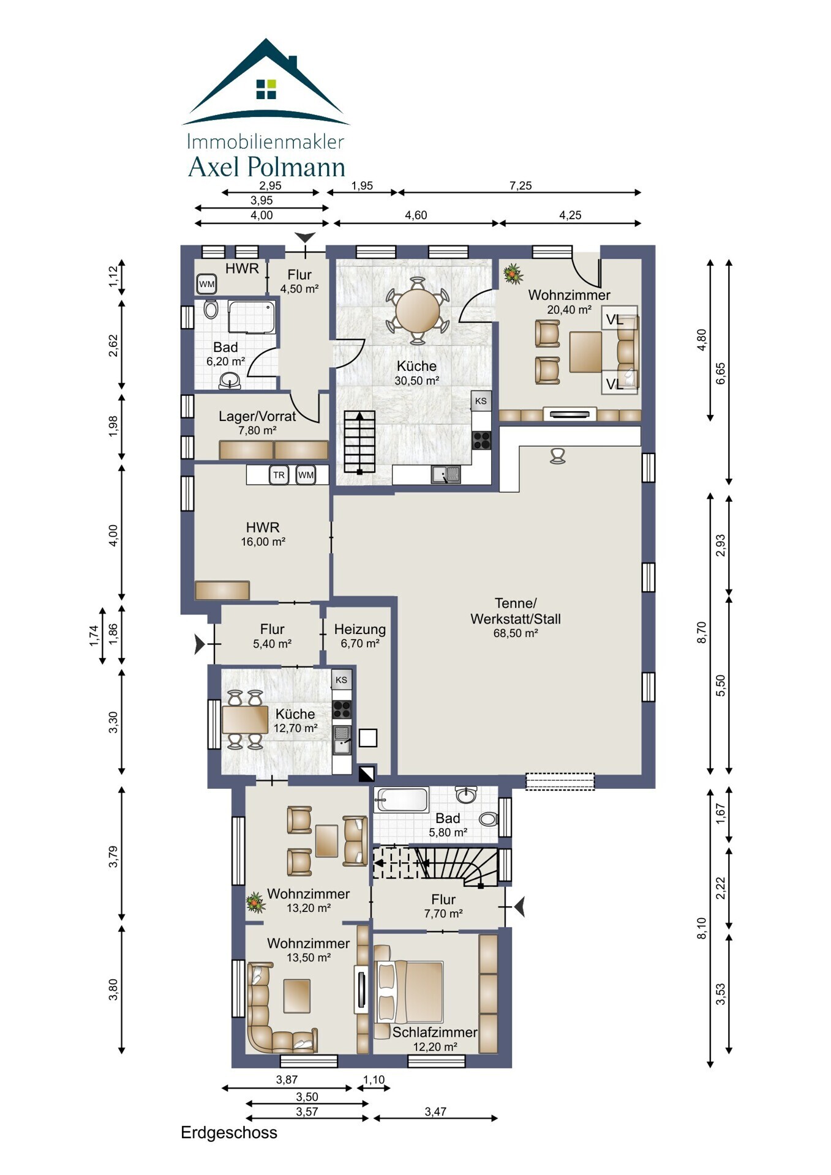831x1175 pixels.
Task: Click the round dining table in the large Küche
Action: tap(418, 310)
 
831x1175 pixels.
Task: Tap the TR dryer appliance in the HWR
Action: tap(279, 475)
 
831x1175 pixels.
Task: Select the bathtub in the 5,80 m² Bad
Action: tap(402, 800)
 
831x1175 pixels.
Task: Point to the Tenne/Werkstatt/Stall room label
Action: tap(516, 611)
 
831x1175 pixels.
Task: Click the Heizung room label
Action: tap(360, 629)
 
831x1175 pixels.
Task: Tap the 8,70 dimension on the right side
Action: tap(702, 632)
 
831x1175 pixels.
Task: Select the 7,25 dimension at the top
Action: tap(521, 185)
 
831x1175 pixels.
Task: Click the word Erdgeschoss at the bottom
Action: tap(229, 1133)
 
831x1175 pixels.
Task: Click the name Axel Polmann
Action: tap(266, 166)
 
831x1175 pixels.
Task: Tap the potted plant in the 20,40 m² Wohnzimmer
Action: tap(513, 274)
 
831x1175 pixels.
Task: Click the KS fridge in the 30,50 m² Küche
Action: tap(481, 401)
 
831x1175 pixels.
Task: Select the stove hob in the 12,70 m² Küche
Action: tap(342, 709)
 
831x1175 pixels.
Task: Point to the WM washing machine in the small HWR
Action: tap(207, 284)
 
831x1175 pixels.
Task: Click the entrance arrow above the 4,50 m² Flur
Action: tap(305, 237)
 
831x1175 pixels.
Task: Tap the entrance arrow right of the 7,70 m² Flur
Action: tap(520, 906)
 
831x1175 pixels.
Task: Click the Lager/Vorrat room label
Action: tap(257, 416)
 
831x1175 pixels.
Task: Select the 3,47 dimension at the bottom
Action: tap(435, 1111)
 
